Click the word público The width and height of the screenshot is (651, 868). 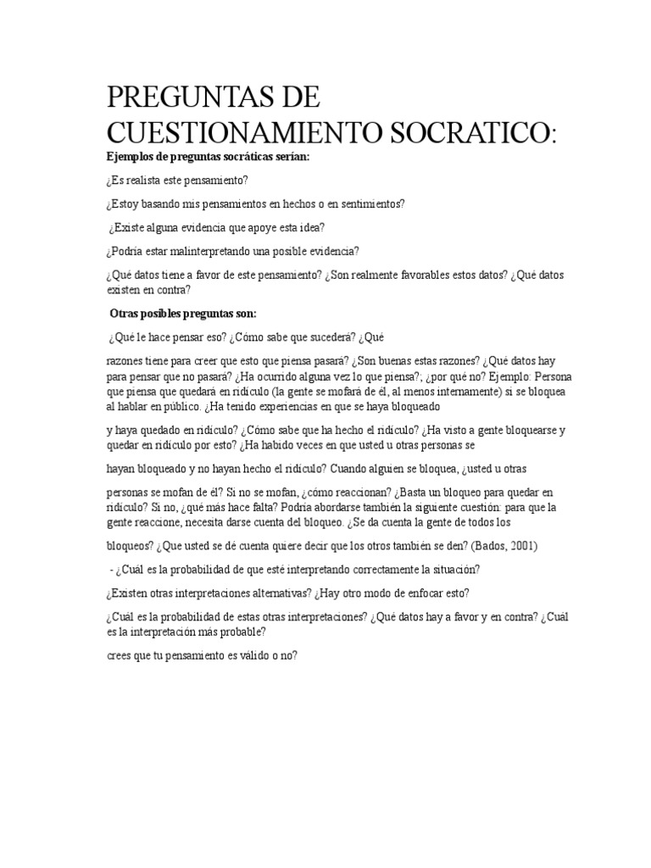pos(175,406)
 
